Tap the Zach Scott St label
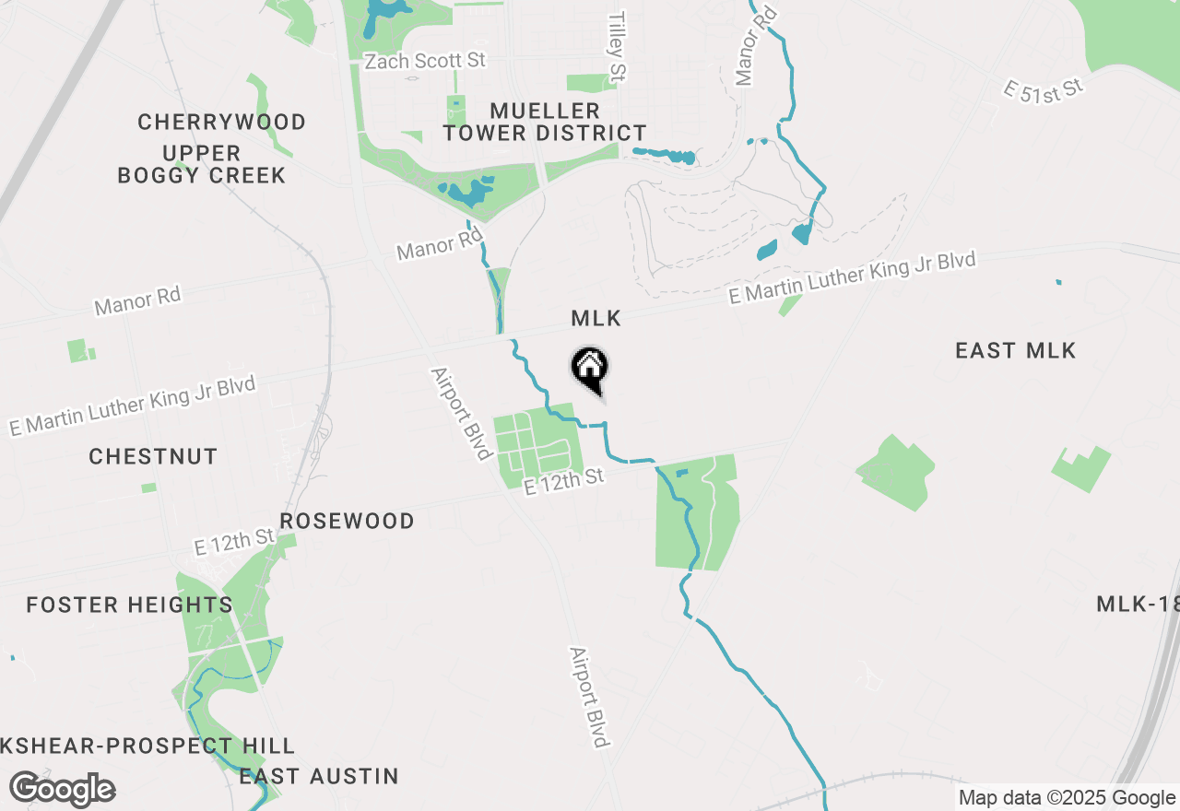[x=425, y=62]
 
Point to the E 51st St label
[x=1043, y=90]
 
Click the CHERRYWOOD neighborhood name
[x=221, y=122]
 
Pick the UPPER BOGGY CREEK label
[x=202, y=164]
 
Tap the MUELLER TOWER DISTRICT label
[x=544, y=122]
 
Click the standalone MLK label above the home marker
[x=596, y=319]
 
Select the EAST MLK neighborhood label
[x=1015, y=350]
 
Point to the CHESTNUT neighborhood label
[x=153, y=456]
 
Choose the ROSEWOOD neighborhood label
[x=347, y=521]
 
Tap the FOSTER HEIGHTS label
[x=129, y=605]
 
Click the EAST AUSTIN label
[x=319, y=776]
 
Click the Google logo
[x=62, y=790]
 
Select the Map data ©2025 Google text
[x=1066, y=798]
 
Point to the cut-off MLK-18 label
[x=1138, y=605]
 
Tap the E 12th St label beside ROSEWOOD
[x=235, y=541]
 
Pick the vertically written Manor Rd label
[x=746, y=44]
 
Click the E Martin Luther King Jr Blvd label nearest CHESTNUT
[x=132, y=405]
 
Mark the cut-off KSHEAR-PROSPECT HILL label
[x=147, y=746]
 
